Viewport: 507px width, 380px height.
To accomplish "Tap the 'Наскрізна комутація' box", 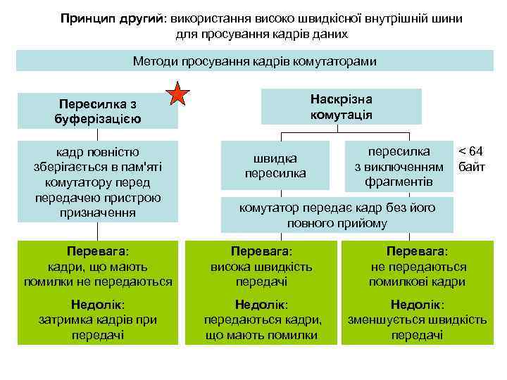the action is click(x=341, y=106).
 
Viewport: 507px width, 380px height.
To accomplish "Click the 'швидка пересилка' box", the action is click(x=275, y=165).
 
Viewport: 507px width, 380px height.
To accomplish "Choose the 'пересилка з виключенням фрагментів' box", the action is click(x=399, y=167).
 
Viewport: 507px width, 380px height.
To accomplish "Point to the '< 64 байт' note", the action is click(x=471, y=159).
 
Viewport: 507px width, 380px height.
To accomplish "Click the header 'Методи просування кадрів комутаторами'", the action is click(x=254, y=61).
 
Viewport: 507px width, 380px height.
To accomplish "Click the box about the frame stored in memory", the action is click(x=97, y=182).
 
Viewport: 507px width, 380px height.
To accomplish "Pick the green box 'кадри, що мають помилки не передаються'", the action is click(x=97, y=266).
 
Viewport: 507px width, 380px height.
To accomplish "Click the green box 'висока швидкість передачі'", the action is click(x=261, y=266).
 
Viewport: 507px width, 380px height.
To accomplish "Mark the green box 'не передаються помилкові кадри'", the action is click(x=418, y=266).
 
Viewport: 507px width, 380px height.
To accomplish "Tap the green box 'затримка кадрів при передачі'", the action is click(x=97, y=319).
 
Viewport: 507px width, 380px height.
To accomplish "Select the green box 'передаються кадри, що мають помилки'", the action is click(x=261, y=319).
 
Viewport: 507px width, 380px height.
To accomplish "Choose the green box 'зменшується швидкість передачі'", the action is click(x=418, y=319).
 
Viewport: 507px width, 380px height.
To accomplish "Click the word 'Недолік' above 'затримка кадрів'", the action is click(x=97, y=305).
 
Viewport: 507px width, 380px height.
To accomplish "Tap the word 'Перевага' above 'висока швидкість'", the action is click(x=261, y=251).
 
